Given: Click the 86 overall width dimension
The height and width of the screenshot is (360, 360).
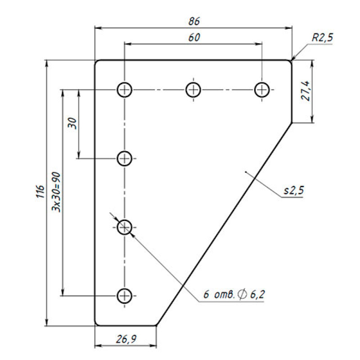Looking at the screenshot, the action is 194,21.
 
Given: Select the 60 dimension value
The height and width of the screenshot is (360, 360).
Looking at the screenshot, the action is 194,37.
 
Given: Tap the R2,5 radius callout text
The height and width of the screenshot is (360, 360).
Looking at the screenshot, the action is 322,37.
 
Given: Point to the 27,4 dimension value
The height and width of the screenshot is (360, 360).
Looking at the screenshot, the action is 306,91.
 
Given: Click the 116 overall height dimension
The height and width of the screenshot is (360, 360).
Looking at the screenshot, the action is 40,191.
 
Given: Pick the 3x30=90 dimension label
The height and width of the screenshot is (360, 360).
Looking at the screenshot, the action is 57,192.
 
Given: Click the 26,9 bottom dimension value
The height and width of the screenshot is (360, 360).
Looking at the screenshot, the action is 126,339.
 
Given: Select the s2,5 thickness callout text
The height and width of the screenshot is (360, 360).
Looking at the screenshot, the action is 294,190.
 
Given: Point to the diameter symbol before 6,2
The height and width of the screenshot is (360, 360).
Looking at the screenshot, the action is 243,294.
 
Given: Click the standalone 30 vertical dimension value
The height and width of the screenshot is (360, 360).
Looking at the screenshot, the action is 72,123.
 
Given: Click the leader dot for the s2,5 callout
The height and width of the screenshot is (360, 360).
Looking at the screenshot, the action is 245,171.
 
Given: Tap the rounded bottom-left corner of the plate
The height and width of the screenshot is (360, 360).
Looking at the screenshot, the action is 96,324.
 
